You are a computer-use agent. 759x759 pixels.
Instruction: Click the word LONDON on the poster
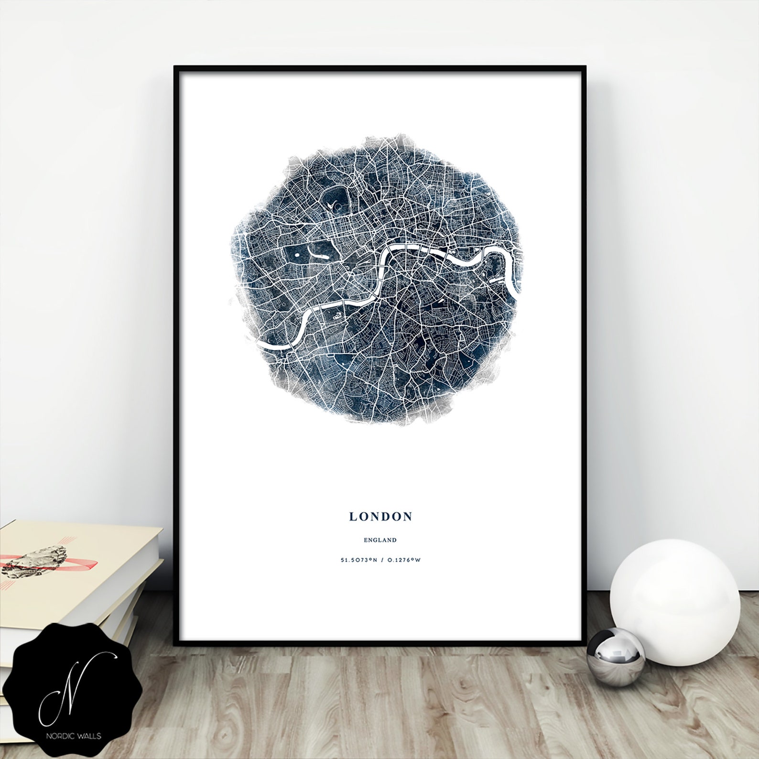pos(380,516)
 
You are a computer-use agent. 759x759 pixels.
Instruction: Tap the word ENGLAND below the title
pos(380,540)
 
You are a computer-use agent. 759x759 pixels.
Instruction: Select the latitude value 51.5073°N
pos(358,560)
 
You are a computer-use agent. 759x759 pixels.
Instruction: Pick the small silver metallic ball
pos(616,652)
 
